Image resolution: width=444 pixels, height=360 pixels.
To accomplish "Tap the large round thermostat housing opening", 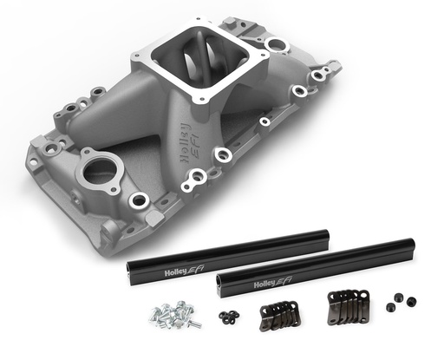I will point(100,168).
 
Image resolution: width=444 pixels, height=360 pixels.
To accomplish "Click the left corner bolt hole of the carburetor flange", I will point(139,59).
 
